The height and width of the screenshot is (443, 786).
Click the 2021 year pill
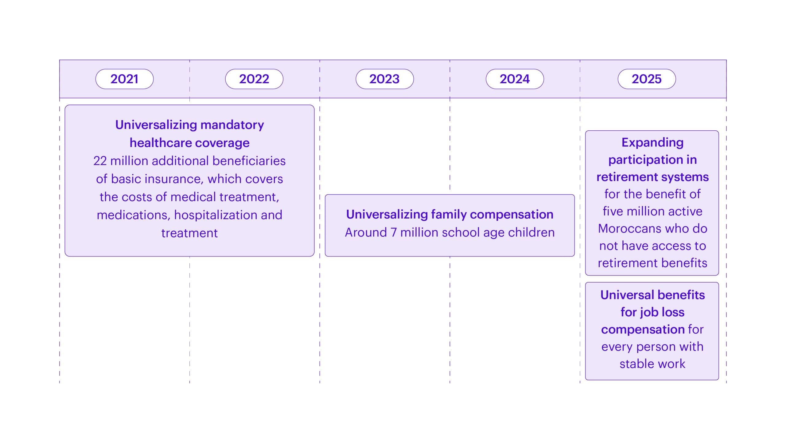click(x=124, y=79)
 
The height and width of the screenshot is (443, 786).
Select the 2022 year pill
click(x=254, y=79)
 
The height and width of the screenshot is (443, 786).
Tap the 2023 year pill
click(x=385, y=79)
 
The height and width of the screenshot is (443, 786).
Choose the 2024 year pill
click(x=515, y=79)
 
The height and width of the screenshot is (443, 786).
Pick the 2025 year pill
click(x=647, y=79)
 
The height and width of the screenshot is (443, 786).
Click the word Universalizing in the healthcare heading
click(x=156, y=125)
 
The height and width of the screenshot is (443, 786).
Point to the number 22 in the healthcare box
click(x=100, y=161)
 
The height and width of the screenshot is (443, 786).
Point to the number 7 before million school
click(x=393, y=233)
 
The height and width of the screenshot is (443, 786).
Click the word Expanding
click(x=652, y=143)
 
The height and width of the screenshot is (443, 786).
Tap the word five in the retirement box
click(x=613, y=211)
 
